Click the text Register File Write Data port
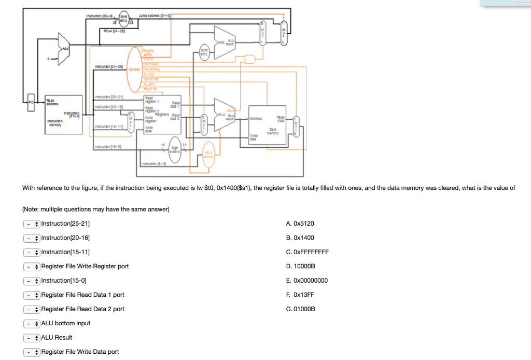[x=80, y=352]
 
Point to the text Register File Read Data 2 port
[x=83, y=309]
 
